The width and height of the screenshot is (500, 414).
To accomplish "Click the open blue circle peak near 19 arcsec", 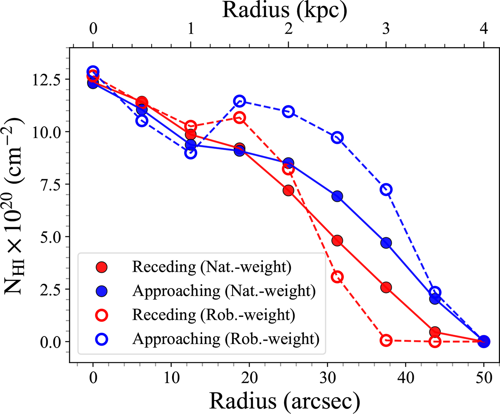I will point(240,100).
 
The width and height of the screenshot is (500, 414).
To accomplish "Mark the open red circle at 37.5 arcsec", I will point(386,341).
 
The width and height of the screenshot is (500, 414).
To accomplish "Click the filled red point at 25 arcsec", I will point(288,190).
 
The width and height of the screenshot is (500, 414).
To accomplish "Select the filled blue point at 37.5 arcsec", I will point(386,243).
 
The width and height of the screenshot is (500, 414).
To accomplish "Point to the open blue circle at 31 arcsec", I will point(337,138).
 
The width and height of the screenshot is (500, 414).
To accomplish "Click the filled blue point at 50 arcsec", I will point(484,341).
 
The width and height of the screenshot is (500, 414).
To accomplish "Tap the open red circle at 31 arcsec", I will point(337,276).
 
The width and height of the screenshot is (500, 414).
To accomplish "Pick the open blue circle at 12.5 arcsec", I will point(191,153).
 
